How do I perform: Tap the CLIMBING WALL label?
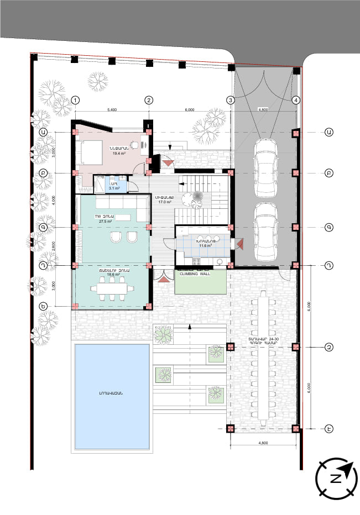(200, 272)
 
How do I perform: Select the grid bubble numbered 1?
(76, 100)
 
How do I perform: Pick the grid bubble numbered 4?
(296, 100)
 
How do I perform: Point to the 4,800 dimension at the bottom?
(263, 443)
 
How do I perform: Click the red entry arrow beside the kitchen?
(239, 243)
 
